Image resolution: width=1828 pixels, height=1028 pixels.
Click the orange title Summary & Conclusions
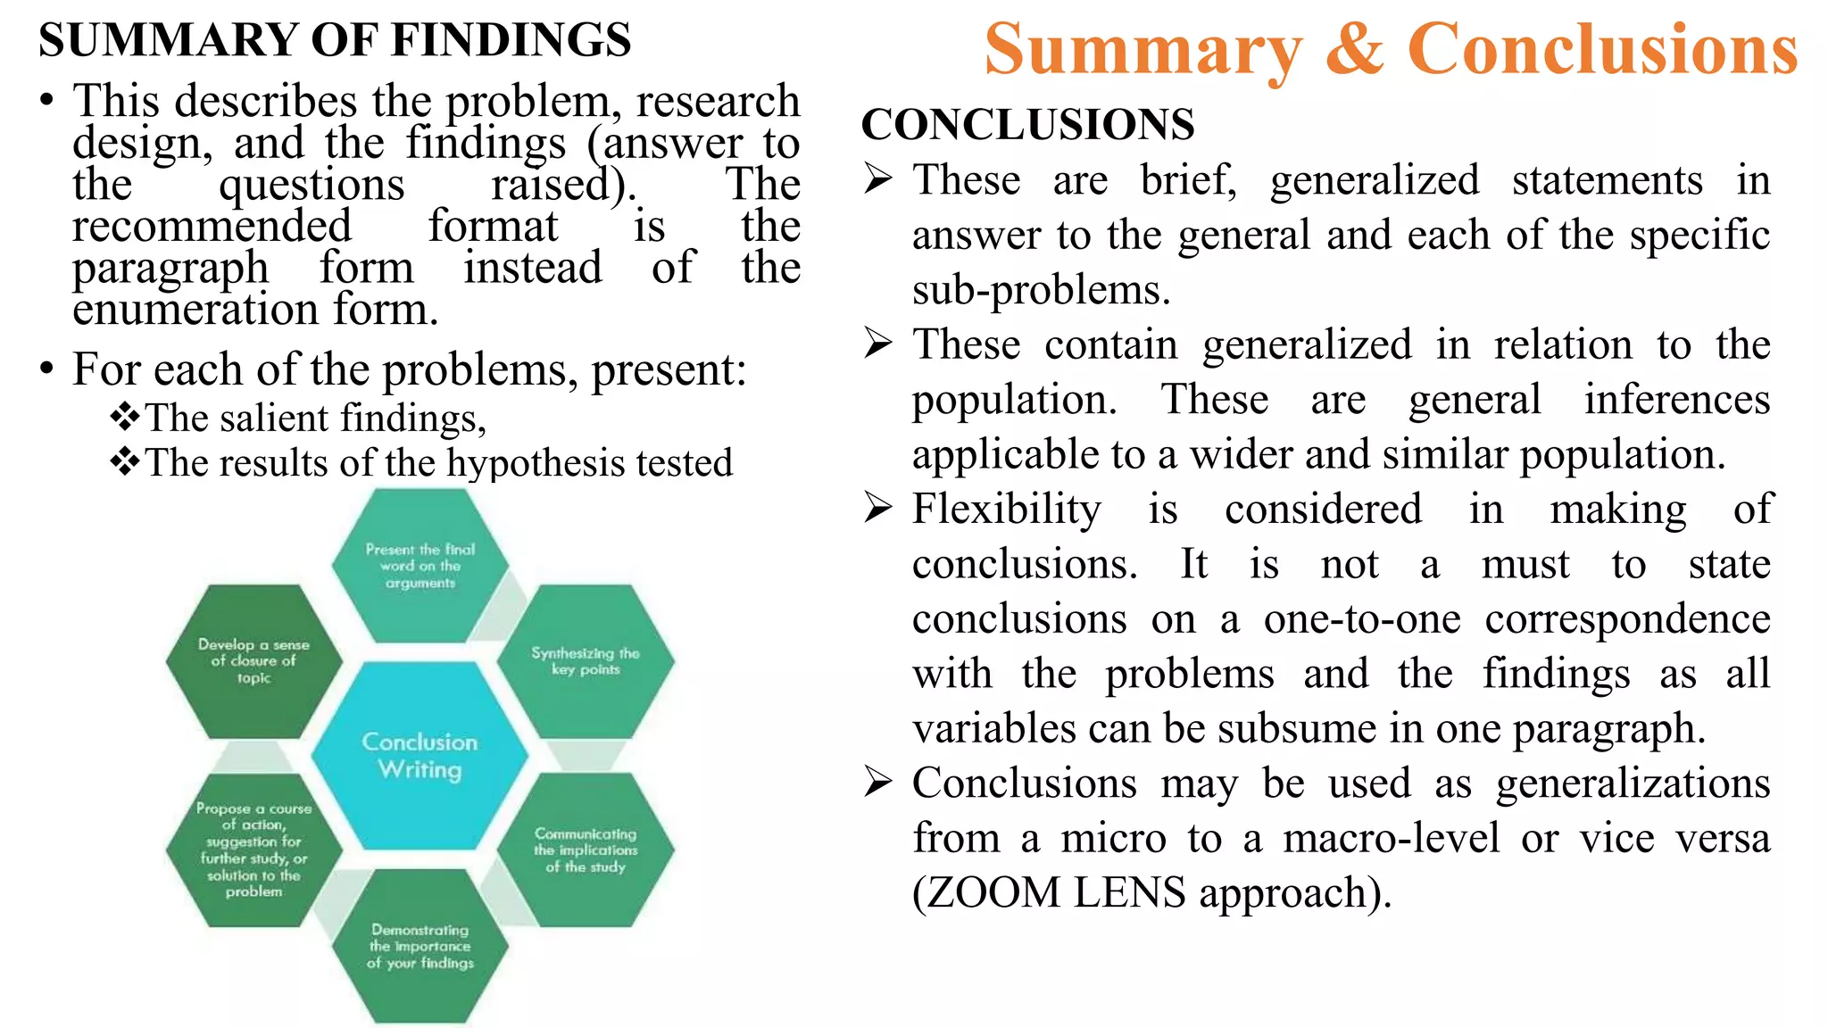1391,50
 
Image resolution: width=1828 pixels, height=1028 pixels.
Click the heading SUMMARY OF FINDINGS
335,40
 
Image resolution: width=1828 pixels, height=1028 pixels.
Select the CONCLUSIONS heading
1027,124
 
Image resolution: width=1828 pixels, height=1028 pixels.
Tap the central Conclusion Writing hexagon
420,755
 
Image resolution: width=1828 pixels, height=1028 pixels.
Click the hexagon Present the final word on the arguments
420,566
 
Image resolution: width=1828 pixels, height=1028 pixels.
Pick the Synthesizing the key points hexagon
586,661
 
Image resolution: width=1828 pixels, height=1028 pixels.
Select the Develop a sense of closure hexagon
253,661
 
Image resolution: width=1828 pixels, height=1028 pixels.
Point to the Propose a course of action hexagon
253,850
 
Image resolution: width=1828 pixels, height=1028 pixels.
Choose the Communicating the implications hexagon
586,850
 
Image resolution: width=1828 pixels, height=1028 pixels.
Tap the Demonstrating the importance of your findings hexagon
420,946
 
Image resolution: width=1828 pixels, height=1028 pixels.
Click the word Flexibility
1007,510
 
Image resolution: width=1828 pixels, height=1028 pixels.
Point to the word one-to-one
1362,619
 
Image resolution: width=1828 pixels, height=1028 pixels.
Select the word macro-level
1392,839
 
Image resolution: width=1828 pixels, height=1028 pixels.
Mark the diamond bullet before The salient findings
125,416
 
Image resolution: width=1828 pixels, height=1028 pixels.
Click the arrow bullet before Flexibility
878,508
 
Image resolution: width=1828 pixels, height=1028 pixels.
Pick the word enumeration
195,311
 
